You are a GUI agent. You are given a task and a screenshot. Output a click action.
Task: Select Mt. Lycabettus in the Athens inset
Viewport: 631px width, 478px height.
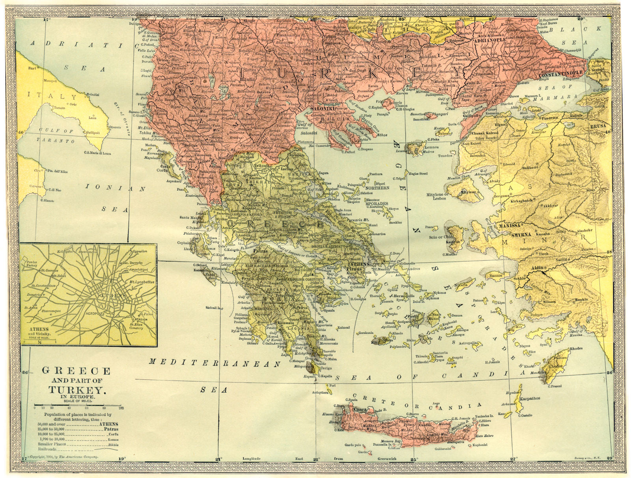[x=143, y=282]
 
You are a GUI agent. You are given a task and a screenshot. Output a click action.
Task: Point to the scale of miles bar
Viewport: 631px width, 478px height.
[x=79, y=405]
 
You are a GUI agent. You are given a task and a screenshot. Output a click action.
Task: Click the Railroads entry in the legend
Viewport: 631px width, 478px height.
[x=56, y=449]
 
